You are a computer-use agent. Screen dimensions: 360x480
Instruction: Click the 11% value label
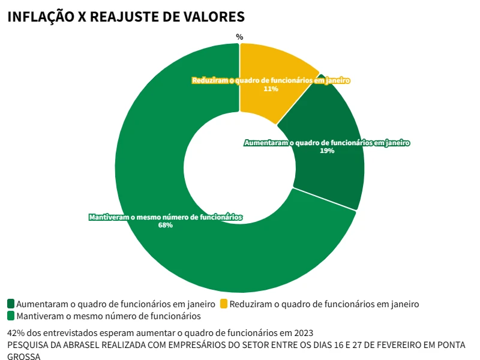[271, 89]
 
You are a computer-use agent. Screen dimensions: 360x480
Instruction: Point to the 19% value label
[327, 151]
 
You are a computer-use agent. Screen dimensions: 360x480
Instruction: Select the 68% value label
[166, 226]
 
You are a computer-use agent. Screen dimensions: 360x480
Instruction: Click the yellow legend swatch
[224, 304]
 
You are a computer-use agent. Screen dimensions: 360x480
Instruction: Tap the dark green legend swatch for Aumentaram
[11, 304]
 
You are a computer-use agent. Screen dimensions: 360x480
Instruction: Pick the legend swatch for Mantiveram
[11, 316]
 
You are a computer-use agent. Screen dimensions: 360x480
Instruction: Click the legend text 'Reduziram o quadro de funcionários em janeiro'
[324, 304]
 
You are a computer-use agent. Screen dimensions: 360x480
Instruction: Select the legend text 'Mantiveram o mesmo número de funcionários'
[109, 316]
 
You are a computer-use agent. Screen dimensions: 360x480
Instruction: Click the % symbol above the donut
[239, 37]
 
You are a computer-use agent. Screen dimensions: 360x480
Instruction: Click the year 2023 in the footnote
[304, 333]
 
